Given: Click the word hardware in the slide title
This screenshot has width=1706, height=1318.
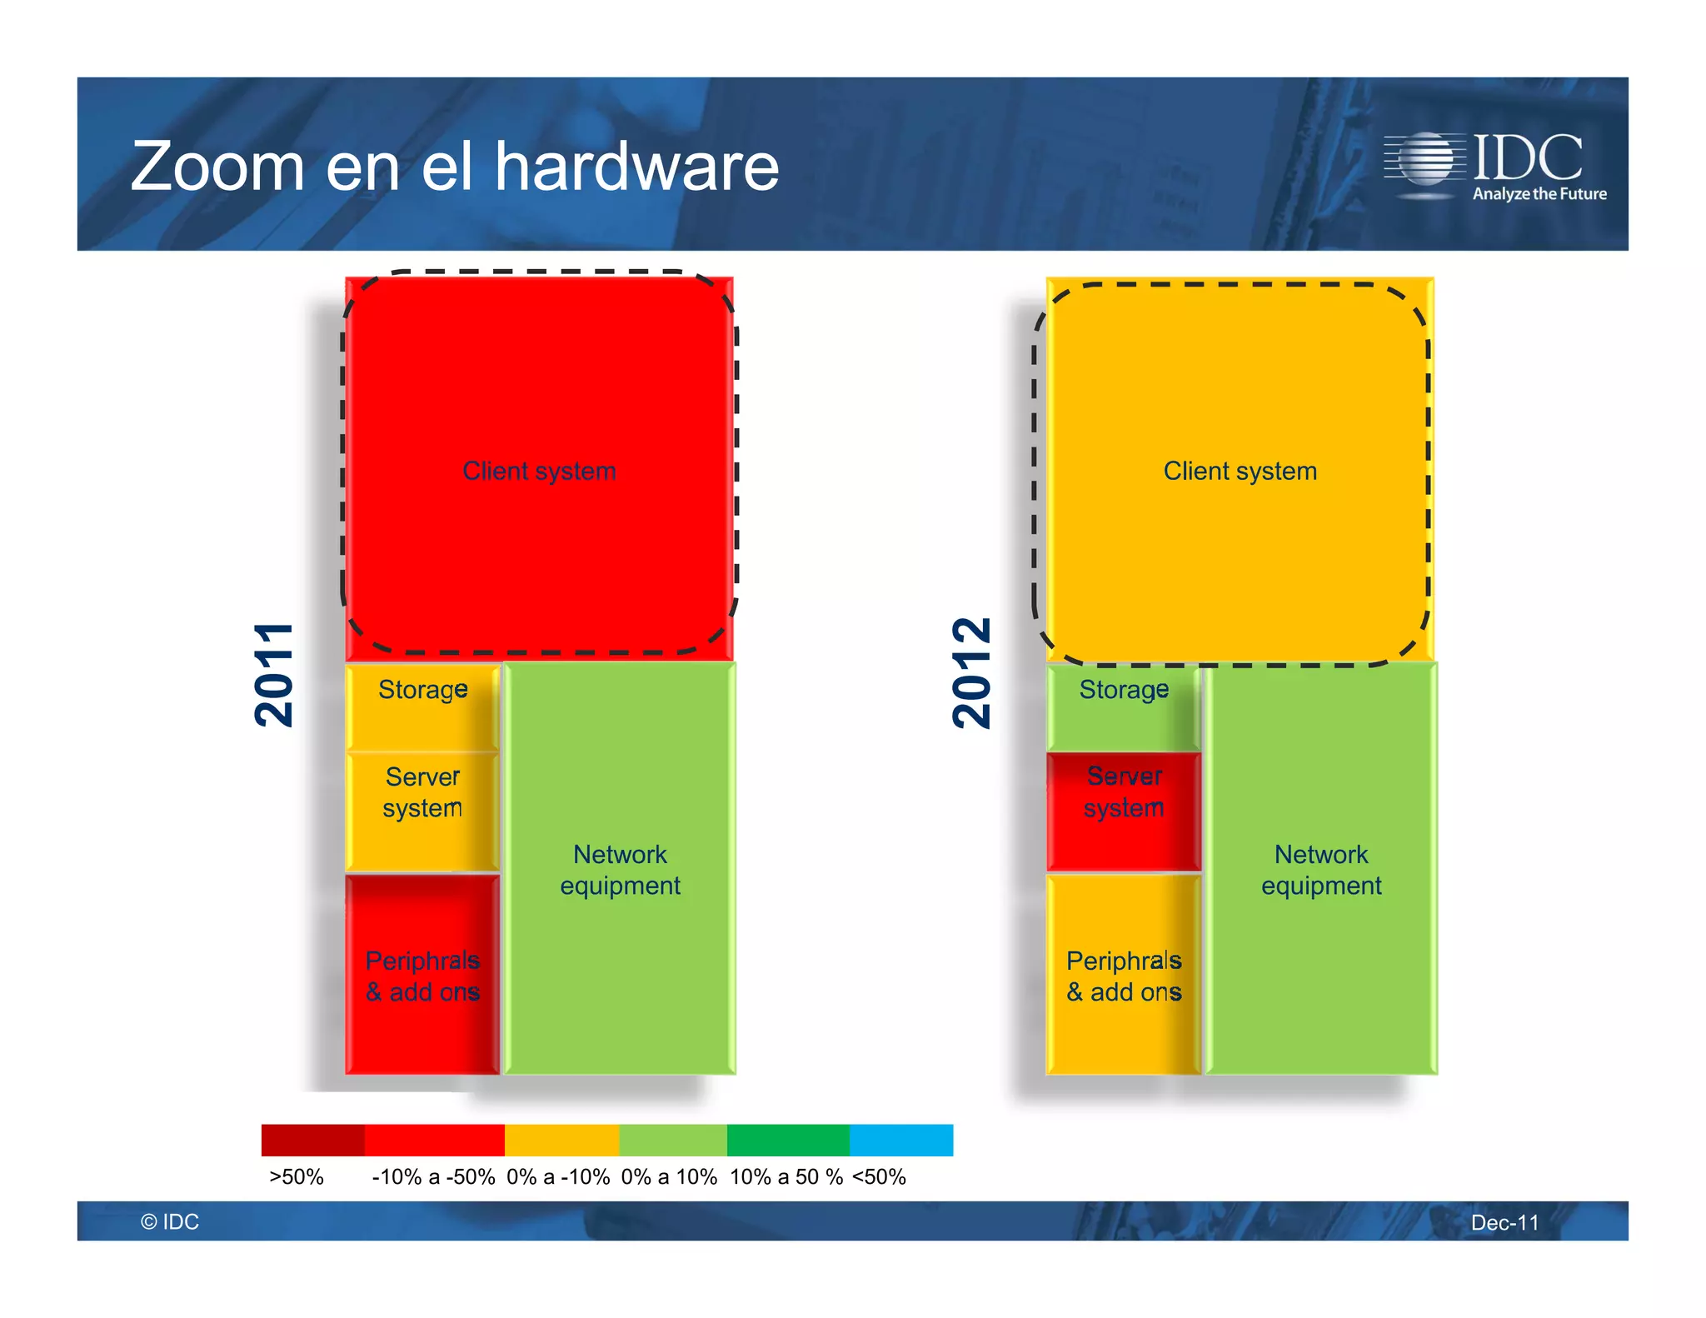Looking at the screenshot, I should point(637,167).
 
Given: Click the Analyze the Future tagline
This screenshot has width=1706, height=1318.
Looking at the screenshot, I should point(1539,194).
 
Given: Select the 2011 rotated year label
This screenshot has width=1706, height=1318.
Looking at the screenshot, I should point(274,675).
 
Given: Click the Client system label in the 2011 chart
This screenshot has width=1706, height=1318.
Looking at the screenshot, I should point(539,471).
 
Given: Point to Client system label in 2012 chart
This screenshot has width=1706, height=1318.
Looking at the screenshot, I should point(1240,471).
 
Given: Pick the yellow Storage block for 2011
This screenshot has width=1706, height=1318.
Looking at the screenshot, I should point(422,706).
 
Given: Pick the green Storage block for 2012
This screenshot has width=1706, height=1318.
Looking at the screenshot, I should point(1123,706).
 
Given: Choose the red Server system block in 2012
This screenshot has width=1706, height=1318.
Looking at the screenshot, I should point(1123,811).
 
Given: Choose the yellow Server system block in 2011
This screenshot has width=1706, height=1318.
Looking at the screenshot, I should point(422,811).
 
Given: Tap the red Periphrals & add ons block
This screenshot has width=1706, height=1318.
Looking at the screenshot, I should point(422,975).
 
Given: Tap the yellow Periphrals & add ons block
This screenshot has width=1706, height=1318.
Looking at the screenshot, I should point(1123,975).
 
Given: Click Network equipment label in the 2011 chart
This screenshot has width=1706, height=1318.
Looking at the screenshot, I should point(620,870).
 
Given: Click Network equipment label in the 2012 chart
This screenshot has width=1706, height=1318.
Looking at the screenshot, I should point(1321,870).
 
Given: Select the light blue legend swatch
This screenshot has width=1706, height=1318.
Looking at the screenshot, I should point(900,1140).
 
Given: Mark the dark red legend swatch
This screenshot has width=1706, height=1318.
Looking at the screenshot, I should point(312,1140).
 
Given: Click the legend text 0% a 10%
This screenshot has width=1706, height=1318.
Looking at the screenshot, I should point(669,1177).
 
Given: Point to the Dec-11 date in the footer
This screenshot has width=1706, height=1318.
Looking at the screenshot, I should point(1504,1222).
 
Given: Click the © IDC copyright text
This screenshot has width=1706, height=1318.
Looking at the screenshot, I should point(170,1221).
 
